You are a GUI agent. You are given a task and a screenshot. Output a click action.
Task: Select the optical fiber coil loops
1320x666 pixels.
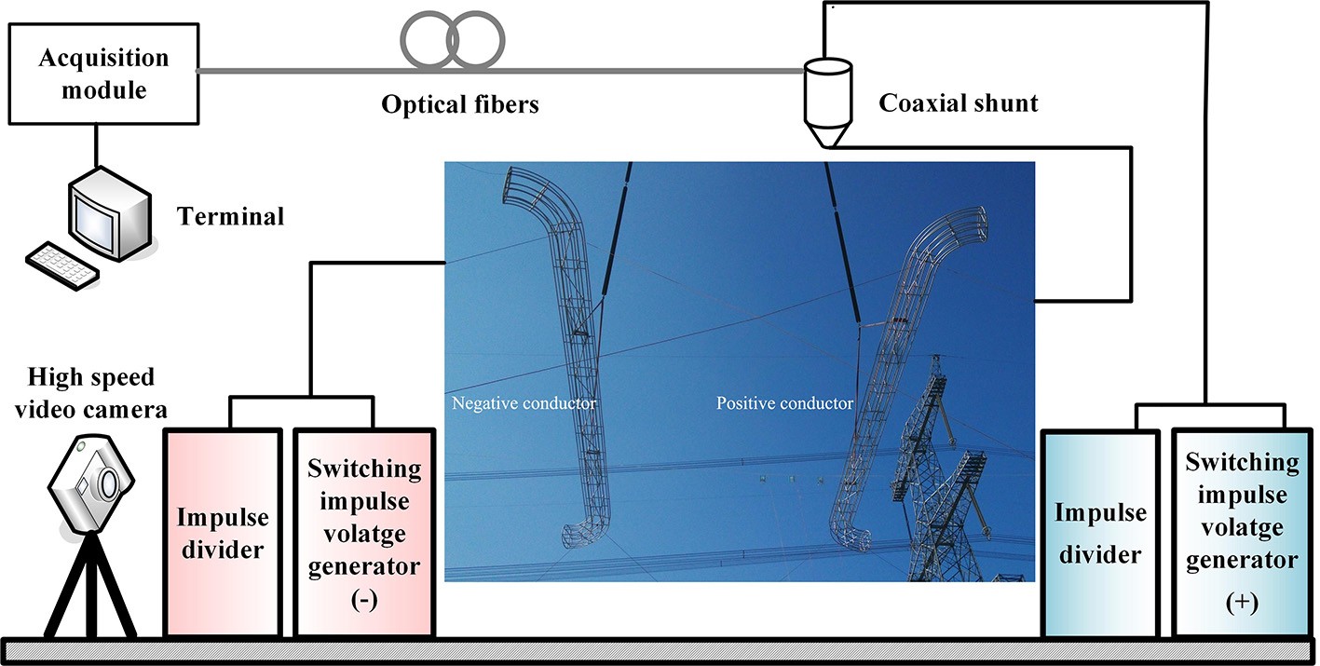pyautogui.click(x=453, y=42)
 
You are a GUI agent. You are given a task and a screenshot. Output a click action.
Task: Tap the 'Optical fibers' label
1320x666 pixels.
pyautogui.click(x=460, y=103)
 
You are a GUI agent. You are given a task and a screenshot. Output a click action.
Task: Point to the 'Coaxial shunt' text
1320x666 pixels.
pyautogui.click(x=958, y=102)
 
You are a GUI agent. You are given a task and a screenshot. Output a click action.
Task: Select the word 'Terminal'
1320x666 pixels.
pyautogui.click(x=231, y=217)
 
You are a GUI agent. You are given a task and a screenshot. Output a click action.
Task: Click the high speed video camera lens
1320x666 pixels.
pyautogui.click(x=109, y=484)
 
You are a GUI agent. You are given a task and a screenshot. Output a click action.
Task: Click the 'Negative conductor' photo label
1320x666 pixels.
pyautogui.click(x=524, y=403)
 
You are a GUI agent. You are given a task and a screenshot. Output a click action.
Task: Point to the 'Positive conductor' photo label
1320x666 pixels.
pyautogui.click(x=784, y=403)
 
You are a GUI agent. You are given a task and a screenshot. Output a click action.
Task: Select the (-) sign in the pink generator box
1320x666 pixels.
pyautogui.click(x=363, y=602)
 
